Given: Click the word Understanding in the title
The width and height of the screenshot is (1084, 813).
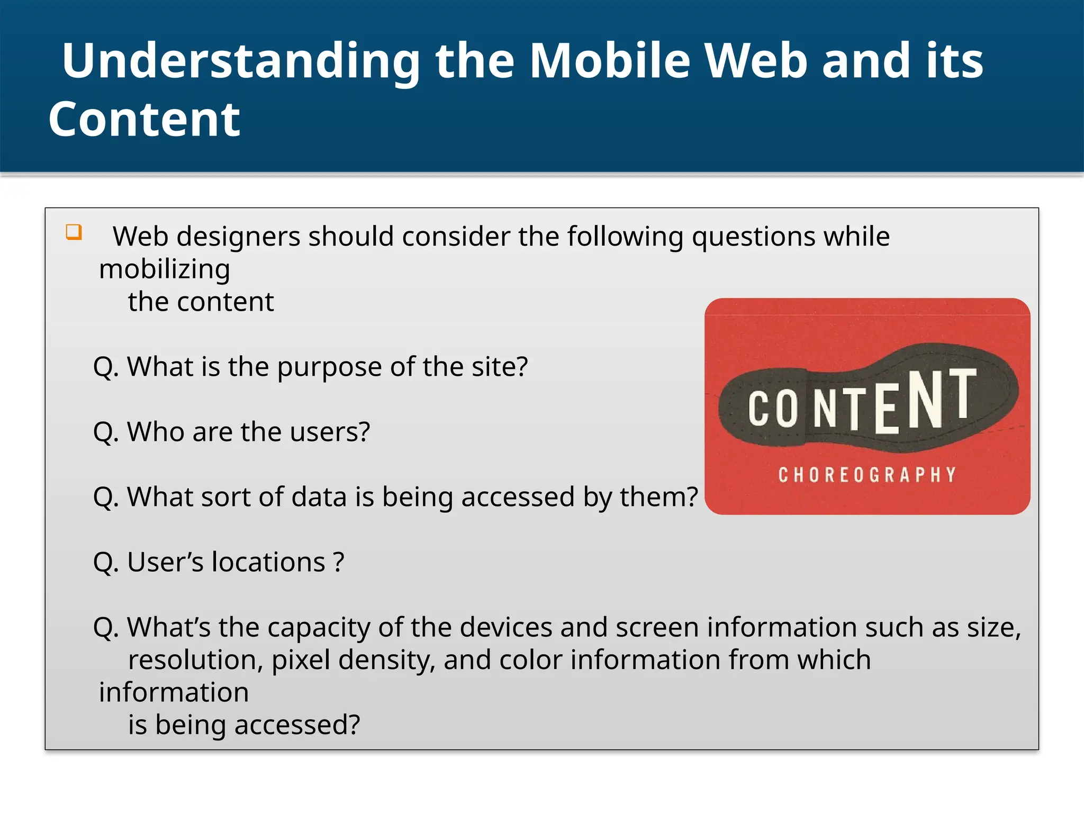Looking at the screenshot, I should (x=241, y=62).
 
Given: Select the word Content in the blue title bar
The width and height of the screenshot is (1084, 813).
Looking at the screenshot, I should (x=144, y=120).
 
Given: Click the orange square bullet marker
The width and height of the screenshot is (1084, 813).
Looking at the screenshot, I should (x=74, y=232).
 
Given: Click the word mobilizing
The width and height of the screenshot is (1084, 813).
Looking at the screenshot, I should (x=165, y=269).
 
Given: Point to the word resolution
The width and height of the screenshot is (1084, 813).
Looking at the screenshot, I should (x=195, y=660).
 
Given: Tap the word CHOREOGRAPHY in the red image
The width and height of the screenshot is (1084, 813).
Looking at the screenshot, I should (x=867, y=475).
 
